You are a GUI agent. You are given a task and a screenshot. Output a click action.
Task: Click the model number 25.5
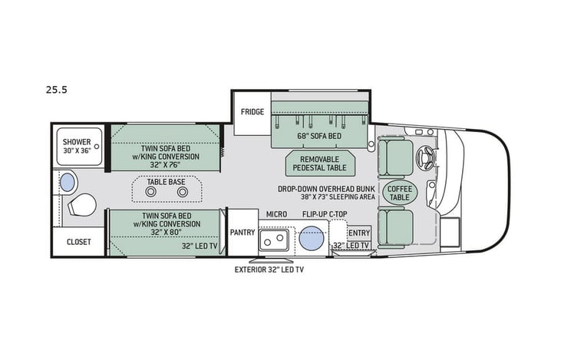pos(57,89)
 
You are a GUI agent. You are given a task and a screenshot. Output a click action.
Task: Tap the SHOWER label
pos(77,141)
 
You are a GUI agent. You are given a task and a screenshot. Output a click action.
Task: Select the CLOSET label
pos(78,242)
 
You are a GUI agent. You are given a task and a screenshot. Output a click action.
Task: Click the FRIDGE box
pos(252,112)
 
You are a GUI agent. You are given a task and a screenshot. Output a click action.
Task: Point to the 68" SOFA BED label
pos(318,136)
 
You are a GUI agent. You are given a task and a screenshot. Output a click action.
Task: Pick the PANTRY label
pos(243,232)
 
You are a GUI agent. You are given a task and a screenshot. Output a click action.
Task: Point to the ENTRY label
pos(358,232)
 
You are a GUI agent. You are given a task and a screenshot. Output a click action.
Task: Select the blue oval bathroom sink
pos(68,181)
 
